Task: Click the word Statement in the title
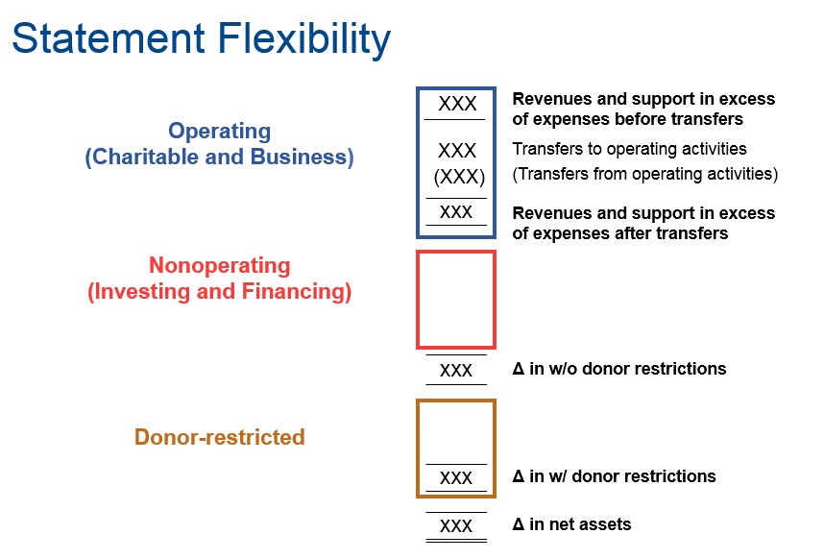pos(109,38)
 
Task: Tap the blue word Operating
pos(220,132)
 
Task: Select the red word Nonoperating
pos(220,265)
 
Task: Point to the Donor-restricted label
pos(220,437)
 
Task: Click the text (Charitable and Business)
pos(220,158)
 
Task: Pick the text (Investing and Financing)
pos(220,292)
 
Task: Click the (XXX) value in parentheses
pos(459,177)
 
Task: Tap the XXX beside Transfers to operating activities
pos(457,151)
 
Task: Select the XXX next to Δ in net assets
pos(456,526)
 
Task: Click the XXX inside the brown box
pos(456,478)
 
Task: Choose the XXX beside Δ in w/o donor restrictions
pos(456,371)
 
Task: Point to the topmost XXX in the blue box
pos(458,104)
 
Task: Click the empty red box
pos(417,300)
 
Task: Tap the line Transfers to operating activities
pos(629,149)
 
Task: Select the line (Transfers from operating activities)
pos(644,174)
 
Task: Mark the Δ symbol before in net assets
pos(519,524)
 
